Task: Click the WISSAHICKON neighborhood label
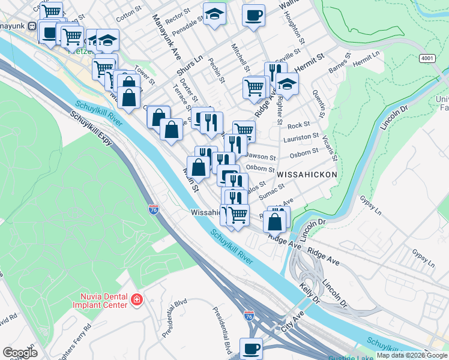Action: coord(307,173)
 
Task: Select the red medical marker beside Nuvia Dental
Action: coord(137,299)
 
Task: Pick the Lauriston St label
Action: coord(301,137)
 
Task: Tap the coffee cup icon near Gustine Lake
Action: coord(251,348)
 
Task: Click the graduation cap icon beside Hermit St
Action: coord(288,85)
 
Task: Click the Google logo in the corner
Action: coord(20,352)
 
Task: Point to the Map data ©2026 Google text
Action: coord(411,355)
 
